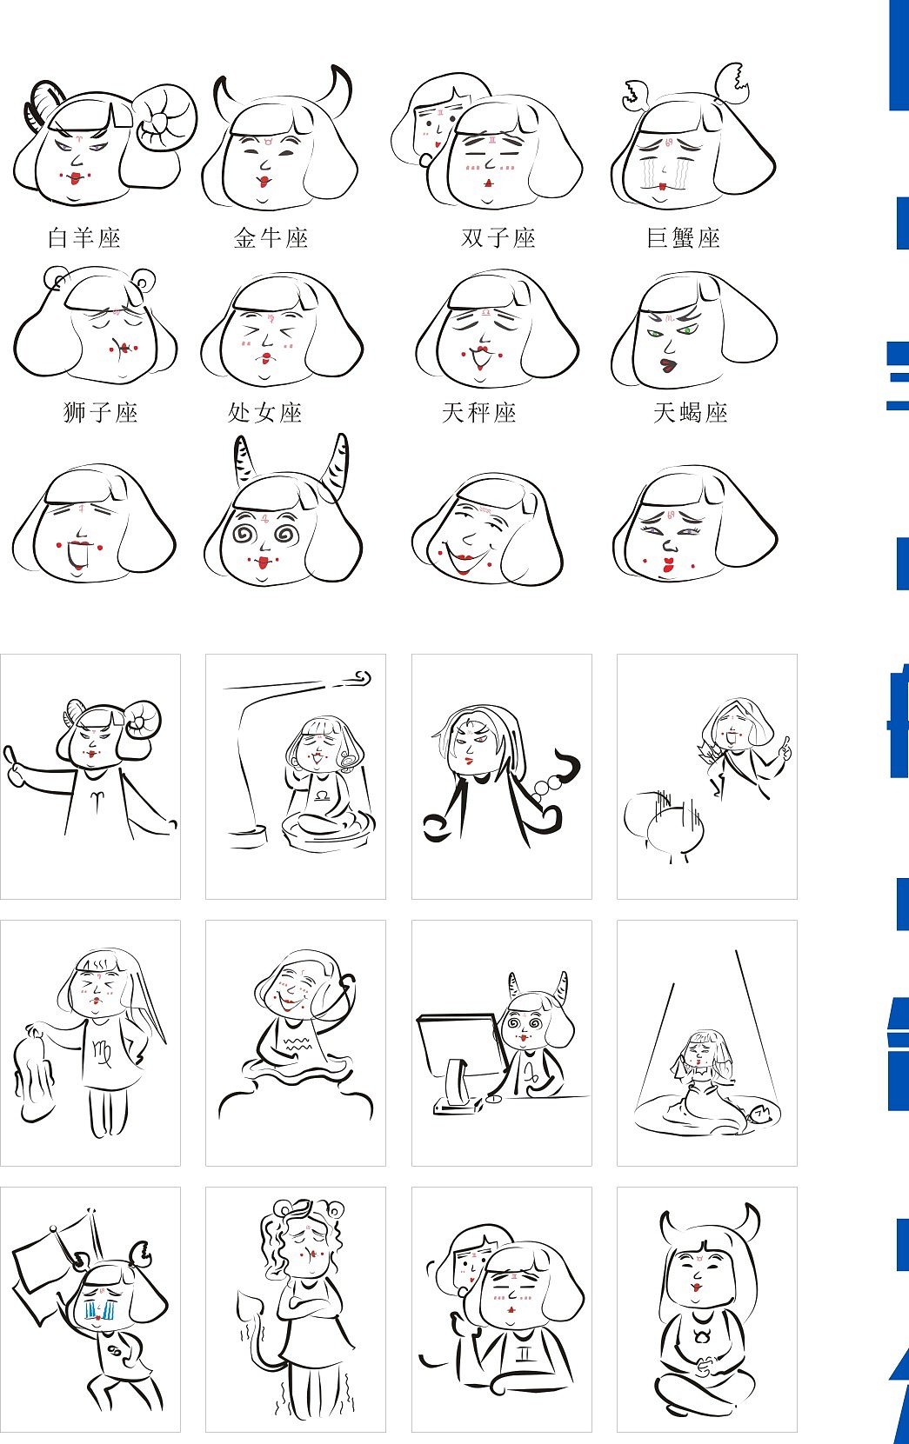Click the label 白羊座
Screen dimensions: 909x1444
(84, 238)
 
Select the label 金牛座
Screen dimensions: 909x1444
(271, 238)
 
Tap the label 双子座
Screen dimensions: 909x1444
(498, 238)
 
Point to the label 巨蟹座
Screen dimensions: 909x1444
(683, 238)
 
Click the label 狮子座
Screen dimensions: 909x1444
(101, 413)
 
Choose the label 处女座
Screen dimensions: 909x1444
(264, 413)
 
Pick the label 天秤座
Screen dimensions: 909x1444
(478, 413)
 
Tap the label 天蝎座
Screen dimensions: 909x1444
(691, 413)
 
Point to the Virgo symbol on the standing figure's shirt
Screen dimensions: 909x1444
(103, 1054)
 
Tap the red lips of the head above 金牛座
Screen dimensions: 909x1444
(264, 183)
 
